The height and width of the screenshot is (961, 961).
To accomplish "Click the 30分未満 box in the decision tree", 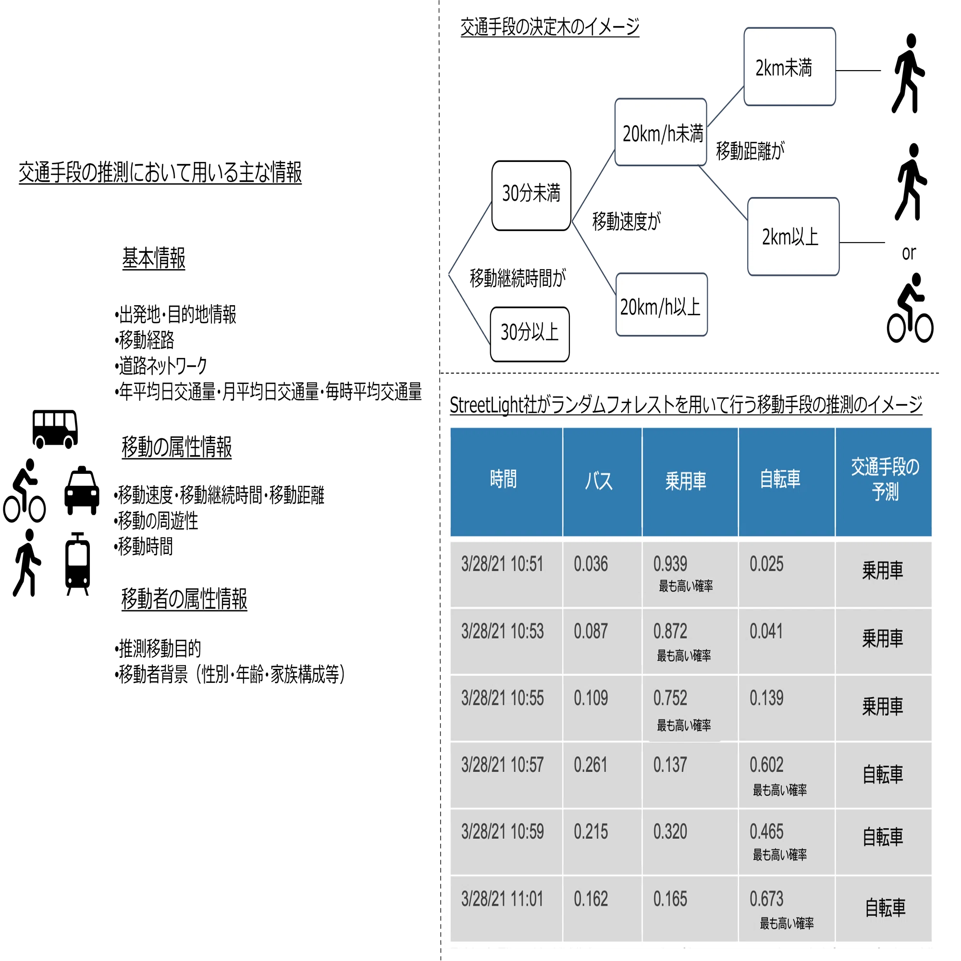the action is (531, 196).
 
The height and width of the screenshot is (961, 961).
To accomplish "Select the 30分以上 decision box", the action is (529, 334).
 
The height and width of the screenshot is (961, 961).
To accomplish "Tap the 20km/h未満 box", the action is (661, 132).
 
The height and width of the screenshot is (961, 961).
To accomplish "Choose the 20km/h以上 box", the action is (661, 305).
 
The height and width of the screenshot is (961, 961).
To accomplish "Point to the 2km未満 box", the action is (789, 67).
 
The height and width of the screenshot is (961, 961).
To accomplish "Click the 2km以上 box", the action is (793, 236).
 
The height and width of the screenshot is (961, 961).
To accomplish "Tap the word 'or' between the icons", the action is (908, 253).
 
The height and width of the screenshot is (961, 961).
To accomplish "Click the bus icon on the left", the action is (55, 429).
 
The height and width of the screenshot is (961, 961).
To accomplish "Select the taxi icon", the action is (82, 491).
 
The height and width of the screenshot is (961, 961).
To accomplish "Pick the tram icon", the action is (77, 564).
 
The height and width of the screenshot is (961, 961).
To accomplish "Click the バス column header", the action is (602, 481).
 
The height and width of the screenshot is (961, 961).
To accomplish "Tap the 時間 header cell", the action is (506, 481).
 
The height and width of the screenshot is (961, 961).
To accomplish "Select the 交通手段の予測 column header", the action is (884, 481).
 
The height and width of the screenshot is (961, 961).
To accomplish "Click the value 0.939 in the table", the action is (670, 564).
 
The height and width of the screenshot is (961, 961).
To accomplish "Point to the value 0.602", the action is (766, 765).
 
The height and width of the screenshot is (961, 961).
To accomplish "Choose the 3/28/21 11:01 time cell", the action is (502, 899).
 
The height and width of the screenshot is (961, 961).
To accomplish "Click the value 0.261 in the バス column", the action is (591, 765).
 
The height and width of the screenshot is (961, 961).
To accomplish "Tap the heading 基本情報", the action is (154, 259).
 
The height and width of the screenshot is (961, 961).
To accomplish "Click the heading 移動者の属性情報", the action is (184, 599).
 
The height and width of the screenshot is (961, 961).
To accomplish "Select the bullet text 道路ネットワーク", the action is (161, 366).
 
